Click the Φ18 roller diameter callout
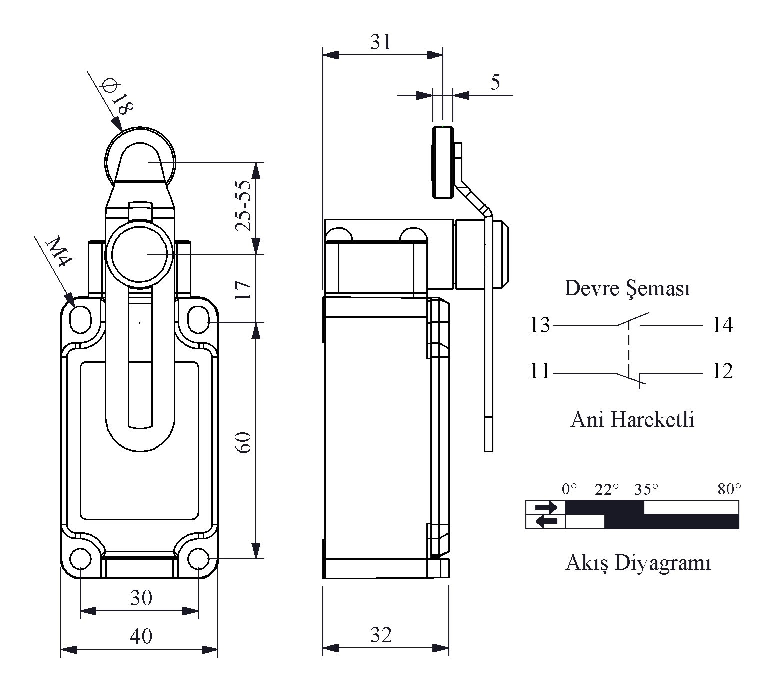[x=116, y=97]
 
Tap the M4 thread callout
[x=59, y=252]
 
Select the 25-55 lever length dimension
[x=243, y=206]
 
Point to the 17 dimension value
[x=243, y=290]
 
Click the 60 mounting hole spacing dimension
[x=243, y=443]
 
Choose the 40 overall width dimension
[x=141, y=636]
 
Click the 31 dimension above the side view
[x=381, y=42]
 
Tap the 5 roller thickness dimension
[x=495, y=82]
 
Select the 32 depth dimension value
[x=381, y=635]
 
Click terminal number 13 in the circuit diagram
[x=539, y=325]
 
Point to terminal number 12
[x=722, y=371]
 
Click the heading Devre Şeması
[x=627, y=289]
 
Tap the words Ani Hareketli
[x=632, y=420]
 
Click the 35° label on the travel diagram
[x=646, y=489]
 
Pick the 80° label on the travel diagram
[x=729, y=489]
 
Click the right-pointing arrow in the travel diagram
[x=546, y=508]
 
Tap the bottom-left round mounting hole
[x=81, y=559]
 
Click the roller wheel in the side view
[x=443, y=163]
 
